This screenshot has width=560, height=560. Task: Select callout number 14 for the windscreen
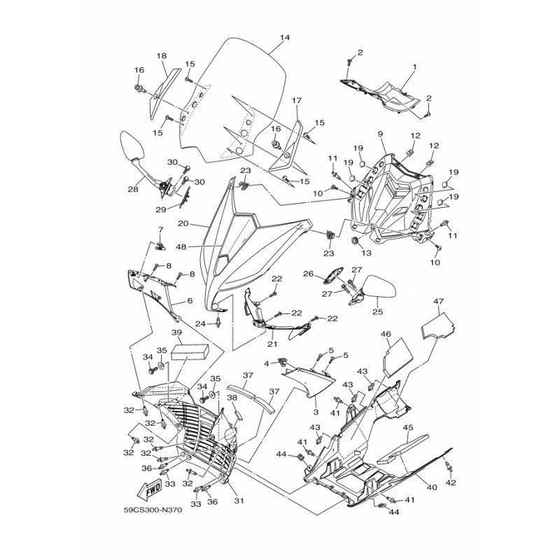coord(285,38)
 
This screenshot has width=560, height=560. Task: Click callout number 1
coord(415,66)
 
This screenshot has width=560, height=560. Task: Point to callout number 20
coord(183,223)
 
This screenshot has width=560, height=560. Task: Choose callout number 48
coord(181,246)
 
